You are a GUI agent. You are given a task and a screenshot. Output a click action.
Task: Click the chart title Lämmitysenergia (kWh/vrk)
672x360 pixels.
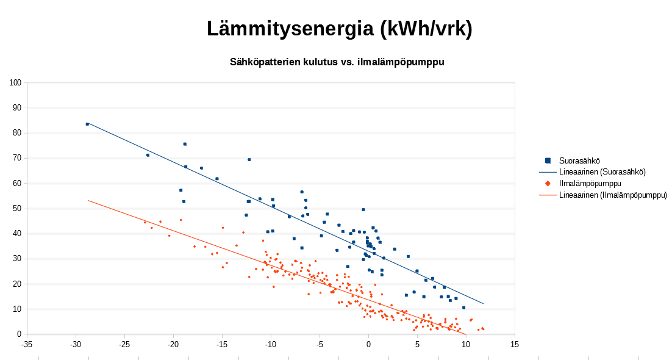(339, 29)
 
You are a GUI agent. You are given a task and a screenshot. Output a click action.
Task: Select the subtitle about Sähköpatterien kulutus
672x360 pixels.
(337, 62)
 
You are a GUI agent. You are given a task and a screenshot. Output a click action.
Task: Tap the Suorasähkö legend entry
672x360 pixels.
(579, 160)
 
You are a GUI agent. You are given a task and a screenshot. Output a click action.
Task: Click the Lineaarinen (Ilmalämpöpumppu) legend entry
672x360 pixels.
(613, 195)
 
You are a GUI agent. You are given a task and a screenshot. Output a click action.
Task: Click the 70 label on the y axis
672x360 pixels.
(16, 158)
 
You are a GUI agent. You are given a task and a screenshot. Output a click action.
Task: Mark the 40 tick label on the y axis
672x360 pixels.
(16, 234)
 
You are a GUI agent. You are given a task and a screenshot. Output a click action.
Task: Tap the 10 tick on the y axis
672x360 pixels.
(16, 309)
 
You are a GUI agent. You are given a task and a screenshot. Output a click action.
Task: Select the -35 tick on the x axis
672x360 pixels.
(27, 344)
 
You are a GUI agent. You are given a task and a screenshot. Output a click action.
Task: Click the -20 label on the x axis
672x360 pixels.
(173, 344)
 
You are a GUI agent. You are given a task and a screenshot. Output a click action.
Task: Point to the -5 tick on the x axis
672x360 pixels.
(320, 344)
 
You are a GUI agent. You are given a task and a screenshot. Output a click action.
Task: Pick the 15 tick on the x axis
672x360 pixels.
(515, 344)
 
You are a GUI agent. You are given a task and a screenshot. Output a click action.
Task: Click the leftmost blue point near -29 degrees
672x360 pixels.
(87, 124)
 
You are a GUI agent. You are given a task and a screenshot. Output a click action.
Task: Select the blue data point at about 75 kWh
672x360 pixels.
(185, 144)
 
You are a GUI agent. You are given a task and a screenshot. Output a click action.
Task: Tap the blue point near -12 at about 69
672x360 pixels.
(249, 159)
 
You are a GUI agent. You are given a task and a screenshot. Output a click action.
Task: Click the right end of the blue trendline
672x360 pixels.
(483, 303)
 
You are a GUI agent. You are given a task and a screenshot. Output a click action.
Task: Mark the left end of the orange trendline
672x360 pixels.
(88, 200)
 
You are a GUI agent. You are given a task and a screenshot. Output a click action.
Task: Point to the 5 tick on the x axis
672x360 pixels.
(417, 344)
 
